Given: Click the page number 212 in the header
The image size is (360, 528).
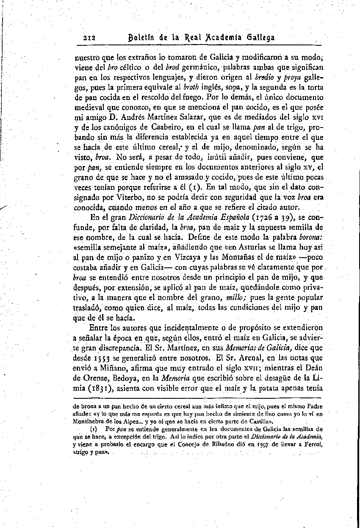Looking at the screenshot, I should [x=89, y=37].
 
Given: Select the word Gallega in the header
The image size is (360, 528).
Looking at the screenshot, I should [x=259, y=37].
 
